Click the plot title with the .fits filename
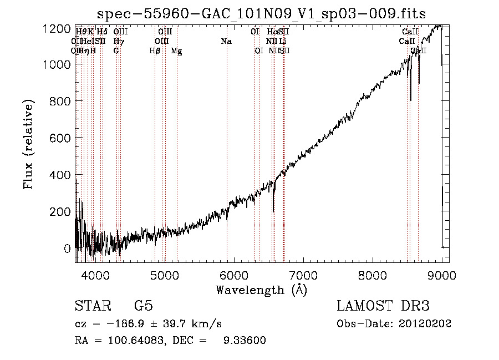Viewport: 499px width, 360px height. tap(262, 13)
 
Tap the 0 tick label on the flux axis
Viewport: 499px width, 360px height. tap(67, 248)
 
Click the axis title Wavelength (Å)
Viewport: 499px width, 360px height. tap(261, 290)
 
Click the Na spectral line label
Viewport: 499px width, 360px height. tap(226, 42)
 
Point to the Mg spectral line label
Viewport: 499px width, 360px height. tap(176, 51)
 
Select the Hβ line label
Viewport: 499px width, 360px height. tap(155, 51)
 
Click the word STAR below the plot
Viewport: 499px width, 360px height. tap(91, 307)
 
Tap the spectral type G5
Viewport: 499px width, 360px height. tap(143, 307)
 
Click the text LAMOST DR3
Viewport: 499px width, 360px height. tap(383, 307)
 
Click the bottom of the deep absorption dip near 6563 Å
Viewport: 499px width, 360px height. tap(273, 211)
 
